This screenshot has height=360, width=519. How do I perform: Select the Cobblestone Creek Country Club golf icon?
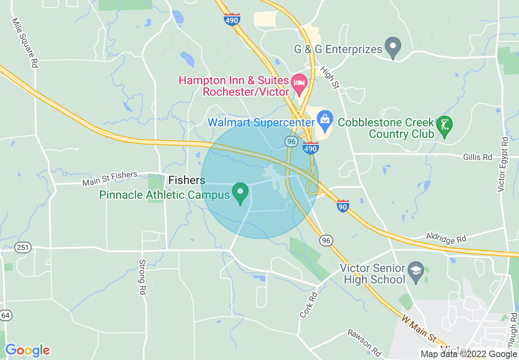pos(444,124)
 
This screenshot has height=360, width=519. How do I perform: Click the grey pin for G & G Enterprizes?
pos(393,47)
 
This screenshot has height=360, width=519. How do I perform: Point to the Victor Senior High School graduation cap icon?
pos(416,272)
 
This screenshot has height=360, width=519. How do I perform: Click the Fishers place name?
pos(187,180)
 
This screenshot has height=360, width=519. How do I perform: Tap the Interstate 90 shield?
pos(343,206)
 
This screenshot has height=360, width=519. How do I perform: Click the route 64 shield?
pos(6,315)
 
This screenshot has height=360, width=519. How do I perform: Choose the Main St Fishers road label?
pos(110,179)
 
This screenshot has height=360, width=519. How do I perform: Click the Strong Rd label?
pos(142,277)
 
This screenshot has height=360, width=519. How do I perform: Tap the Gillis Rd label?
pos(477,157)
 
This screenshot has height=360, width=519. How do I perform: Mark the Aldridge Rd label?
pos(446,238)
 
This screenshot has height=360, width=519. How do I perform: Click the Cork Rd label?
pos(309,305)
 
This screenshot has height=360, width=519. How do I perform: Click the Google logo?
pos(27,350)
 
